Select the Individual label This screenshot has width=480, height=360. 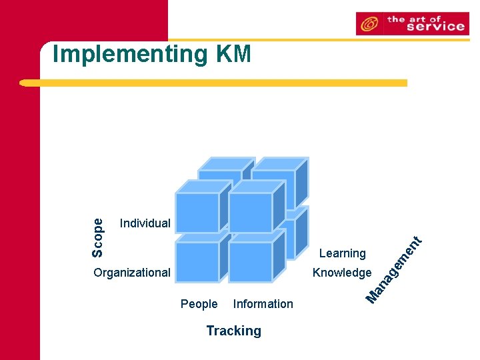[145, 223]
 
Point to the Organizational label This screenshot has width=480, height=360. [132, 272]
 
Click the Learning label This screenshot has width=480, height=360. [342, 253]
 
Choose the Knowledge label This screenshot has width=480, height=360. [342, 272]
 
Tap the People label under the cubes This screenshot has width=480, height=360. [199, 304]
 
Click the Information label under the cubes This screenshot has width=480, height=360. [263, 304]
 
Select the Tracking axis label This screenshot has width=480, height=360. [233, 331]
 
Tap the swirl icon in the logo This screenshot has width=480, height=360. [369, 25]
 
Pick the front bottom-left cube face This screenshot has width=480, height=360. [197, 261]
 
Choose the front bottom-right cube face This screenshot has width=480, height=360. [250, 261]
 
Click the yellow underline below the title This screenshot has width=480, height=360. [213, 83]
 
